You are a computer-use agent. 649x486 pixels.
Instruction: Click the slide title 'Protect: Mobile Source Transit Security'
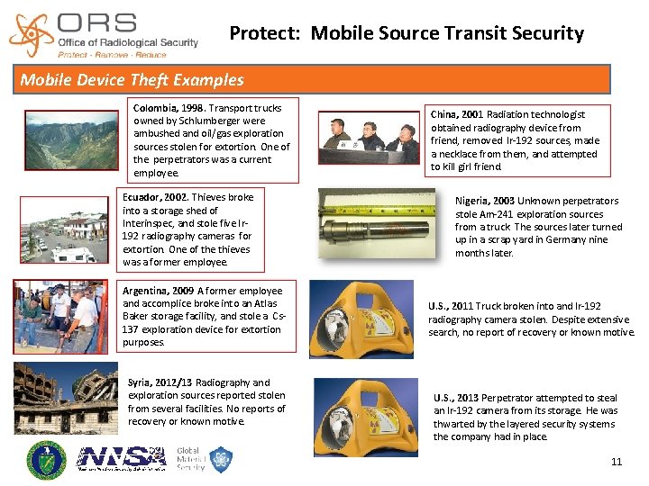point(407,34)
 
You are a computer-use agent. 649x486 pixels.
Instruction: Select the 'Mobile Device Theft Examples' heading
point(133,80)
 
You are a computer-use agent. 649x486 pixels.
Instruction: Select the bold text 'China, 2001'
point(457,115)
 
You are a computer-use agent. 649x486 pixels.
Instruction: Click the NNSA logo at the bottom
point(122,457)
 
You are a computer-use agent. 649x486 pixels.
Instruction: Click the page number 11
point(617,463)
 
